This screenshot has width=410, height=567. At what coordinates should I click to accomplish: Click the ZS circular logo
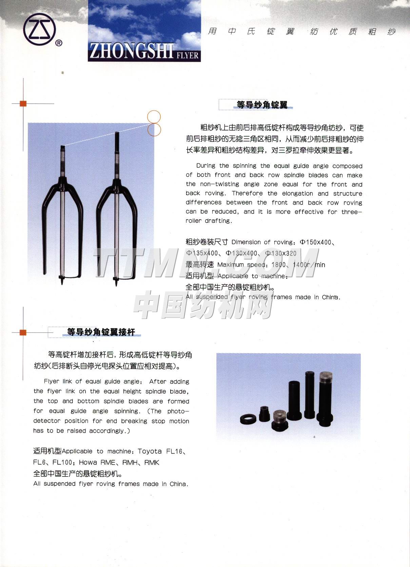39,29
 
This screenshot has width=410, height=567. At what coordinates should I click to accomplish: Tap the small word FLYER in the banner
187,55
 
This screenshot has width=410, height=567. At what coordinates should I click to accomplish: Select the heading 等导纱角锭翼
262,105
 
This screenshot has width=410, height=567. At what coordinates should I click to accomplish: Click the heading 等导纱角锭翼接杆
101,332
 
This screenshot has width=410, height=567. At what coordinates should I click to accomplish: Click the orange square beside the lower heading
23,332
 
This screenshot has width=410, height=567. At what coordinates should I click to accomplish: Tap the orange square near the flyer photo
23,103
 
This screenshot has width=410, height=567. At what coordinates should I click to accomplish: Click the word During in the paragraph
206,166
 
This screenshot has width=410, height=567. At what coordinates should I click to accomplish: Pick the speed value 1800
278,265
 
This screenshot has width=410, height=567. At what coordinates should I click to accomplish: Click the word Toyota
150,451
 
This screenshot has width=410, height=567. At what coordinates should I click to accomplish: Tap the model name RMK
152,463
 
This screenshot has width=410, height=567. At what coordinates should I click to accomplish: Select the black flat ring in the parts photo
249,420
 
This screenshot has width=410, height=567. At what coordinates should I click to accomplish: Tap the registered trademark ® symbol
59,43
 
